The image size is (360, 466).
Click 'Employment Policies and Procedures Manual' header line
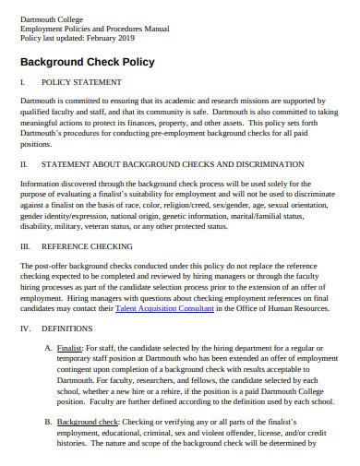click(x=93, y=28)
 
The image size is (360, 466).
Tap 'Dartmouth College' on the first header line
click(x=51, y=18)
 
